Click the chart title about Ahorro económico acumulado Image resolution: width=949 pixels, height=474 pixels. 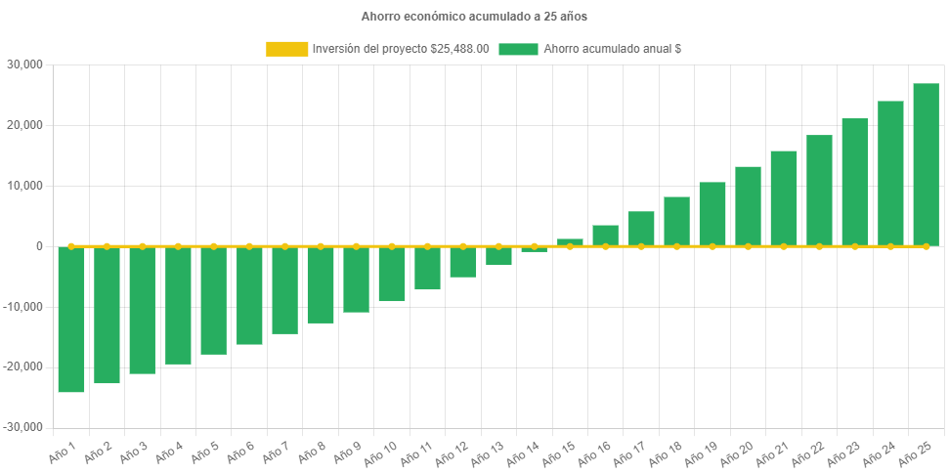pyautogui.click(x=474, y=17)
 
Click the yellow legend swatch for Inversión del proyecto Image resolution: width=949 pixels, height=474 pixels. pyautogui.click(x=286, y=49)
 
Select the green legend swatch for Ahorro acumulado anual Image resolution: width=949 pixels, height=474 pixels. pyautogui.click(x=518, y=49)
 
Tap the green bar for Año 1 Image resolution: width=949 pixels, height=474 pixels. pyautogui.click(x=71, y=320)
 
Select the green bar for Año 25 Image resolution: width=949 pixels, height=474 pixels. pyautogui.click(x=926, y=164)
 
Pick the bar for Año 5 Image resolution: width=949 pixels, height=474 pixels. pyautogui.click(x=213, y=300)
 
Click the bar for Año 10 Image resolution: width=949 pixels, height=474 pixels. pyautogui.click(x=392, y=274)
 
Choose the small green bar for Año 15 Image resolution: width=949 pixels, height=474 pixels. pyautogui.click(x=570, y=241)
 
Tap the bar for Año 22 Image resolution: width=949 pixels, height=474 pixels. pyautogui.click(x=819, y=191)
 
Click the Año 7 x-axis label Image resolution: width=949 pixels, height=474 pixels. pyautogui.click(x=277, y=452)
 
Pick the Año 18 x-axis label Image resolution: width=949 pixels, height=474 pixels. pyautogui.click(x=667, y=452)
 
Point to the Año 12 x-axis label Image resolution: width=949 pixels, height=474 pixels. pyautogui.click(x=453, y=452)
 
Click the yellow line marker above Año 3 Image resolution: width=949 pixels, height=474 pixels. pyautogui.click(x=142, y=246)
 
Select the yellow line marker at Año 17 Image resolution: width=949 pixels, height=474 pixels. pyautogui.click(x=641, y=246)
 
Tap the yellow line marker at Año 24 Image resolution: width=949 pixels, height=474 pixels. pyautogui.click(x=890, y=246)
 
